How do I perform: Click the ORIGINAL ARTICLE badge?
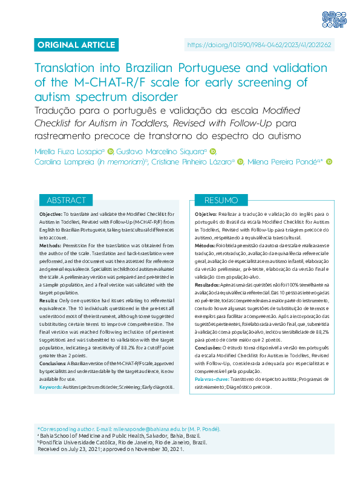pyautogui.click(x=76, y=45)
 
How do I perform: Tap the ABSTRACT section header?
pyautogui.click(x=67, y=200)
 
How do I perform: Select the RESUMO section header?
pyautogui.click(x=221, y=200)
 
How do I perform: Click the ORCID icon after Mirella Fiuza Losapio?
pyautogui.click(x=110, y=151)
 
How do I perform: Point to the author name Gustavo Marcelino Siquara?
pyautogui.click(x=160, y=151)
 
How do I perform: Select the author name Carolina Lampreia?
pyautogui.click(x=62, y=161)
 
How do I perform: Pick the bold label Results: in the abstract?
pyautogui.click(x=48, y=284)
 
